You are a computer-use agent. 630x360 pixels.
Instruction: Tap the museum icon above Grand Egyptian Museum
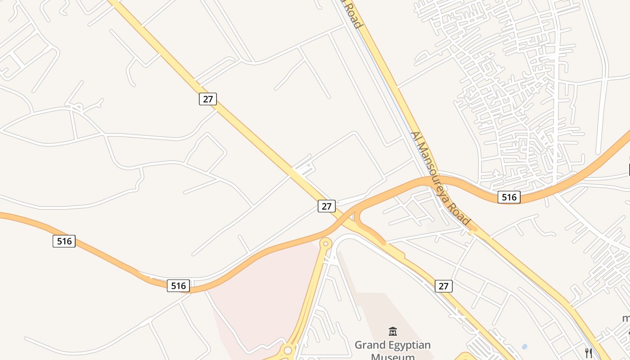392,332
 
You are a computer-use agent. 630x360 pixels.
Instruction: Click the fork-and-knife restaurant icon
588,352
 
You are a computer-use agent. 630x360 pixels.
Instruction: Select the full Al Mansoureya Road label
441,179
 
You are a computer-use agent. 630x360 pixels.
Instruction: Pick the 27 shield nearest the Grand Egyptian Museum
444,286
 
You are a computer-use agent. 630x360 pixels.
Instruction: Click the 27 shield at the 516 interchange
327,206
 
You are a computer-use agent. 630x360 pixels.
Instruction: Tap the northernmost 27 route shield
208,99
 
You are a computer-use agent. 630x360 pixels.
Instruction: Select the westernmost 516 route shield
64,241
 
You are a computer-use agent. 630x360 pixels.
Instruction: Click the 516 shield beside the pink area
178,285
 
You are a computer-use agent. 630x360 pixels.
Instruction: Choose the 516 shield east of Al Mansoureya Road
509,197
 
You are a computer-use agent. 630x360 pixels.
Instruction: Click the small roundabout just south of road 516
325,243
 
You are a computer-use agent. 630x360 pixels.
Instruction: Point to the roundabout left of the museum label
287,350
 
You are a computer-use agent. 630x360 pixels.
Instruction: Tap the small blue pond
524,347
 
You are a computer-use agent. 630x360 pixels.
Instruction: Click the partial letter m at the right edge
626,319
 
